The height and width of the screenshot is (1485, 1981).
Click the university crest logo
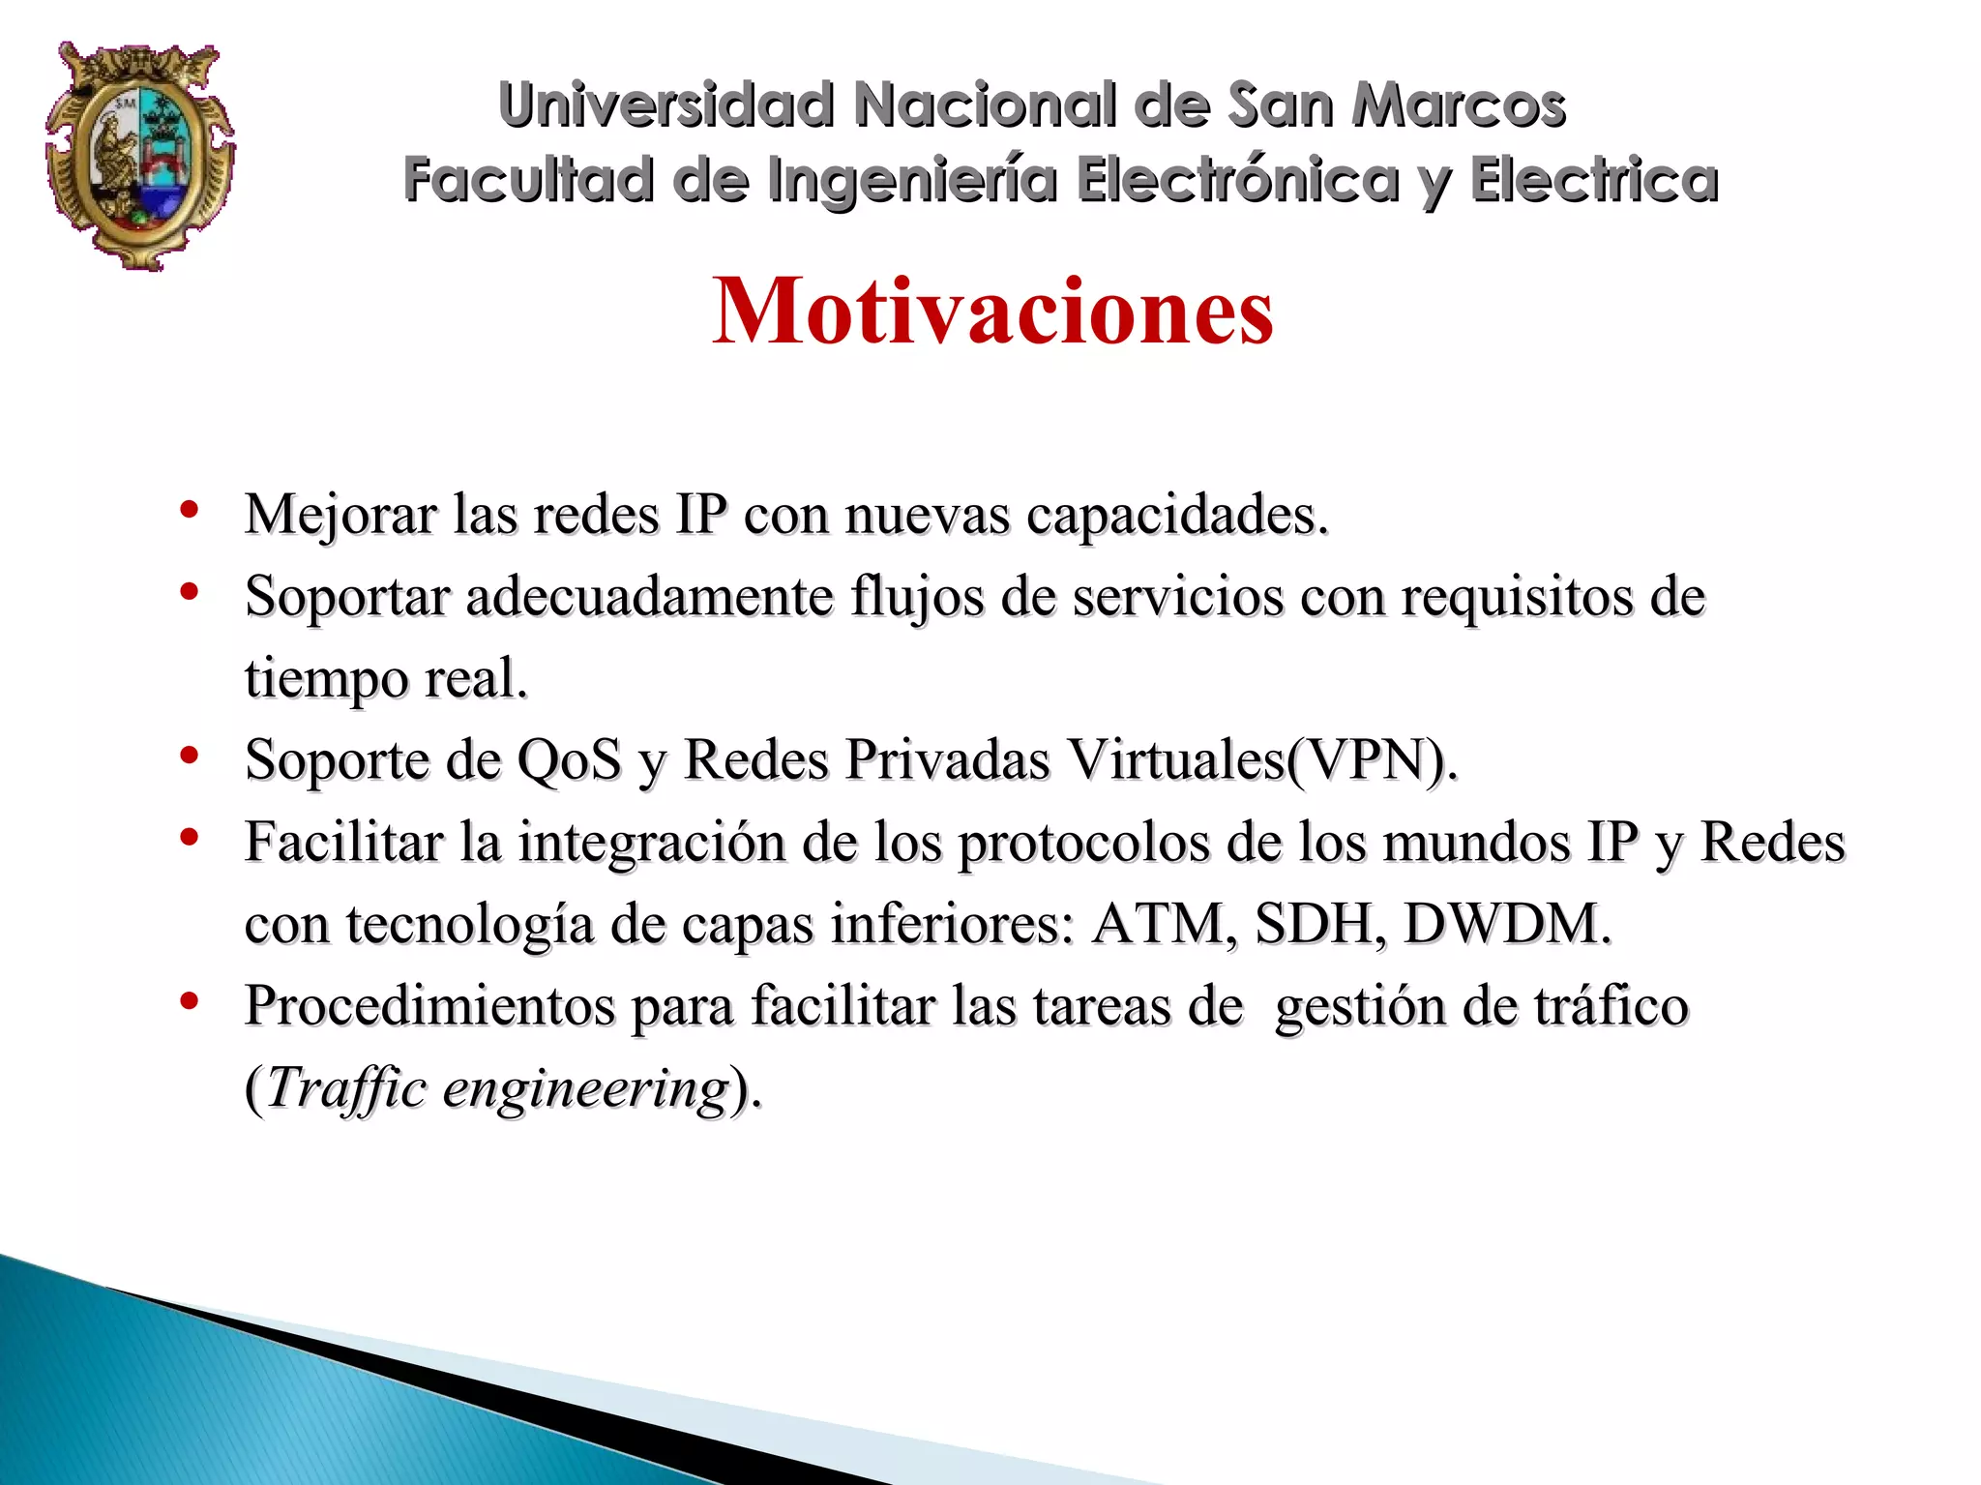(140, 155)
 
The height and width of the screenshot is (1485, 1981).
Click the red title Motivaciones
(992, 311)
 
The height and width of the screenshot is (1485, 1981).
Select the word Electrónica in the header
(1237, 180)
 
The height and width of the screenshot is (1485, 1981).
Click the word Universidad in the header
(665, 104)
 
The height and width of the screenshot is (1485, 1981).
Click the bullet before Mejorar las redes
(190, 509)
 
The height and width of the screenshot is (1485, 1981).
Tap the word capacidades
(1176, 515)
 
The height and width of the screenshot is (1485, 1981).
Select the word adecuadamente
(649, 596)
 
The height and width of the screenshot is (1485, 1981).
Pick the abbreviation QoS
(569, 760)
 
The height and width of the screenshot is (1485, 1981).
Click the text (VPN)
(1371, 760)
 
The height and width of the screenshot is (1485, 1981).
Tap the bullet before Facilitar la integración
(190, 837)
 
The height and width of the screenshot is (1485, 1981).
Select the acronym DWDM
(1506, 924)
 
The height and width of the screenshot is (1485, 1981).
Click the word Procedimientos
(429, 1006)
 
